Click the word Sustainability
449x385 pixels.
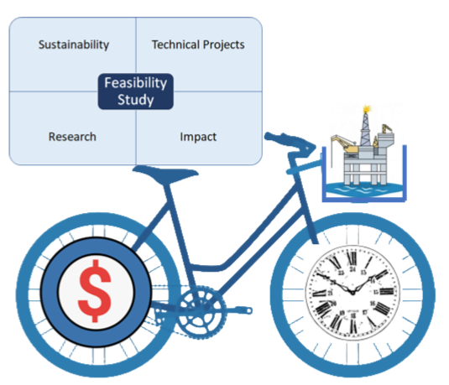click(74, 45)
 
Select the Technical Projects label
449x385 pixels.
click(198, 45)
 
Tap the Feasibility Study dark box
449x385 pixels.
click(136, 91)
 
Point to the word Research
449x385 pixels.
click(72, 137)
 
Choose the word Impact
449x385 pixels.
click(198, 137)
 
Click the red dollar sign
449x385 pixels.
click(95, 291)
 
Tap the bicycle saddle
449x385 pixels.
click(165, 174)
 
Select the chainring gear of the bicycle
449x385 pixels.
click(201, 312)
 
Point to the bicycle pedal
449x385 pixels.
click(246, 310)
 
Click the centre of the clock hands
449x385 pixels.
click(352, 292)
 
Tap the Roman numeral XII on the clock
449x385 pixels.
click(352, 258)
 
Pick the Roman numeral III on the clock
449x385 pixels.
click(387, 291)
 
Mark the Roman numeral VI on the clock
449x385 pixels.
click(353, 325)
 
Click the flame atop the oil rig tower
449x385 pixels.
click(367, 109)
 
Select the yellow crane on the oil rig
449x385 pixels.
click(345, 143)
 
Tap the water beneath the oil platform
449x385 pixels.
click(364, 190)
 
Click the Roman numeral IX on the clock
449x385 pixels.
click(319, 293)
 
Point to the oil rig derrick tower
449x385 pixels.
click(365, 129)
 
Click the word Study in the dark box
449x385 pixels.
click(136, 100)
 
